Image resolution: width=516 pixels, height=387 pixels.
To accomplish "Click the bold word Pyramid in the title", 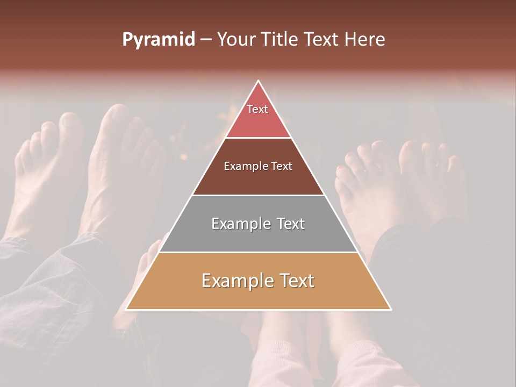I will coord(158,40).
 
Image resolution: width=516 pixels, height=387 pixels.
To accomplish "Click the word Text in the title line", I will coord(322,39).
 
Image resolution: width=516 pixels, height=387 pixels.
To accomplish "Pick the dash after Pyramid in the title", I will coord(206,40).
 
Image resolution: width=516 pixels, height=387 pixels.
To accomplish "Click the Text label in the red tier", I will coord(257,109).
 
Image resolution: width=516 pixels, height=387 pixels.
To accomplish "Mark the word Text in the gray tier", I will coord(291,224).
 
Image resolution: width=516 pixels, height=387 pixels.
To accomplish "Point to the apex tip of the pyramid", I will coord(259,81).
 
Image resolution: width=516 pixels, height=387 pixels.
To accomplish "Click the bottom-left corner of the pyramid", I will coord(126,309).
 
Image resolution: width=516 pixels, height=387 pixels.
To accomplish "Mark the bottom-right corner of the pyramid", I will coord(390,309).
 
